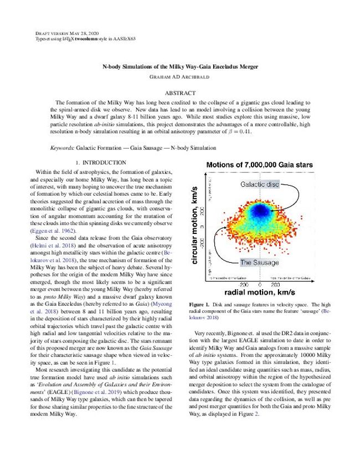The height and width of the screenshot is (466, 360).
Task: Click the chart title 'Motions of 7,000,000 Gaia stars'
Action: pyautogui.click(x=259, y=165)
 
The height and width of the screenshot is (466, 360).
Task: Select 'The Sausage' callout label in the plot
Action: pyautogui.click(x=259, y=262)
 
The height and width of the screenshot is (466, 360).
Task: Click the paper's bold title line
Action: pyautogui.click(x=180, y=66)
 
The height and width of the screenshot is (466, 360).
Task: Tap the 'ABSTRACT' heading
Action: pyautogui.click(x=180, y=93)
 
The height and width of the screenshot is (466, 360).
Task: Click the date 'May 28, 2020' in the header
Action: pyautogui.click(x=73, y=34)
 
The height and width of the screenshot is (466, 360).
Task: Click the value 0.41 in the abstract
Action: pyautogui.click(x=251, y=132)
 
